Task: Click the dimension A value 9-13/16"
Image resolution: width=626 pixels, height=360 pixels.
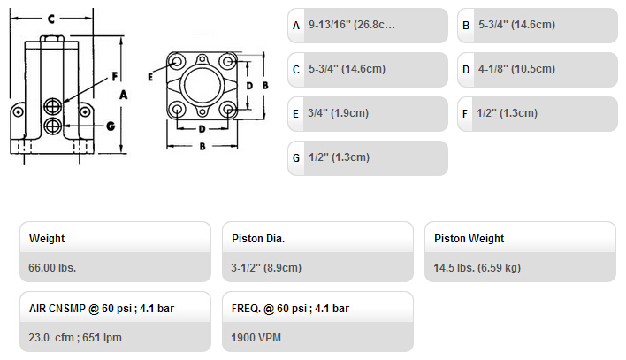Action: tap(352, 25)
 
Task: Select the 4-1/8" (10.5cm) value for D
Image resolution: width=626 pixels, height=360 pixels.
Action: tap(516, 69)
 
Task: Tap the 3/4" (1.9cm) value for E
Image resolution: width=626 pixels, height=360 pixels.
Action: tap(338, 113)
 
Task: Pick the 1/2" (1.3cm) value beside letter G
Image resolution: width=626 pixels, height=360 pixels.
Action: tap(339, 157)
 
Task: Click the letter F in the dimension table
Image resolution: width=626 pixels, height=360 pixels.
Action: tap(465, 114)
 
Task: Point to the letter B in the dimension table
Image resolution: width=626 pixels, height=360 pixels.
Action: tap(466, 25)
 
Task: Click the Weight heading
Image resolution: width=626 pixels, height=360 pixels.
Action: tap(47, 239)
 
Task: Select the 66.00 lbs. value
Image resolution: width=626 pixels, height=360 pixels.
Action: tap(52, 268)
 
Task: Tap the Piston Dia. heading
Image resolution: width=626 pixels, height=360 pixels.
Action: tap(258, 239)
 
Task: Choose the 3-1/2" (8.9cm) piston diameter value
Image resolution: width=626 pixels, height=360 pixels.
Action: tap(266, 268)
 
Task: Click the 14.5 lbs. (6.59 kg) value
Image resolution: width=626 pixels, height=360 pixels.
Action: tap(477, 268)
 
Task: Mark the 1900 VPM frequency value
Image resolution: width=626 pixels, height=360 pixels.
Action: tap(256, 338)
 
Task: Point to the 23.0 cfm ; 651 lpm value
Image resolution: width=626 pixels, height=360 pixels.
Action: tap(75, 338)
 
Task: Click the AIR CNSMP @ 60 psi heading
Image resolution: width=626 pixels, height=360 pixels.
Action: tap(102, 309)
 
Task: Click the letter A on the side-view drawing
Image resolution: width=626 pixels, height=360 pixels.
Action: tap(124, 96)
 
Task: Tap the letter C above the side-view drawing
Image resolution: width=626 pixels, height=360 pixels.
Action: tap(51, 19)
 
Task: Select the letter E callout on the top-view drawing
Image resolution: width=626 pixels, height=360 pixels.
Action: tap(150, 77)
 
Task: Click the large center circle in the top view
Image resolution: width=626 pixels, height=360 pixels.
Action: tap(202, 85)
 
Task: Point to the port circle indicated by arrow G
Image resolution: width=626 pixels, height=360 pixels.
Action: tap(52, 126)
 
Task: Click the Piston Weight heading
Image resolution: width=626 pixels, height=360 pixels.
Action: tap(469, 239)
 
